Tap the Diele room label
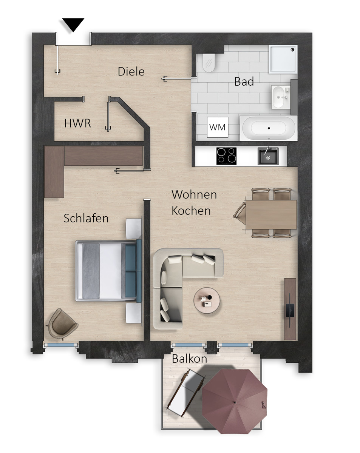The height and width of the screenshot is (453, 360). tap(131, 72)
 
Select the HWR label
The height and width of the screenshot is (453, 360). tap(77, 123)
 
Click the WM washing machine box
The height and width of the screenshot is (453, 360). tap(217, 127)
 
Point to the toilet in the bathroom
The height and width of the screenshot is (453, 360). tap(209, 63)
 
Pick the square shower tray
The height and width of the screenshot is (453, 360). tap(283, 59)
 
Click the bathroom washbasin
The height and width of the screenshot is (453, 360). tap(280, 97)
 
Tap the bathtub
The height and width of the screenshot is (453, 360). tap(269, 128)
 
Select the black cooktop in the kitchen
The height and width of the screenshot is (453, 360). tap(226, 156)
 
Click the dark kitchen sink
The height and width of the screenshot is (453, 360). tap(268, 156)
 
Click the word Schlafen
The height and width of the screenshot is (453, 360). tap(86, 218)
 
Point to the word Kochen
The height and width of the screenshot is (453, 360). tap(191, 211)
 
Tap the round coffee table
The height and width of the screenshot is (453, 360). tap(207, 300)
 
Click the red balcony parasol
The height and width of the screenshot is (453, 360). tap(235, 402)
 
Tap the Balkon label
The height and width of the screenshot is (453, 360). tap(189, 359)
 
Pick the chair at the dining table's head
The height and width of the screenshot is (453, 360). tap(239, 213)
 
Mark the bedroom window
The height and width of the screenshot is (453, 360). tap(61, 345)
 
